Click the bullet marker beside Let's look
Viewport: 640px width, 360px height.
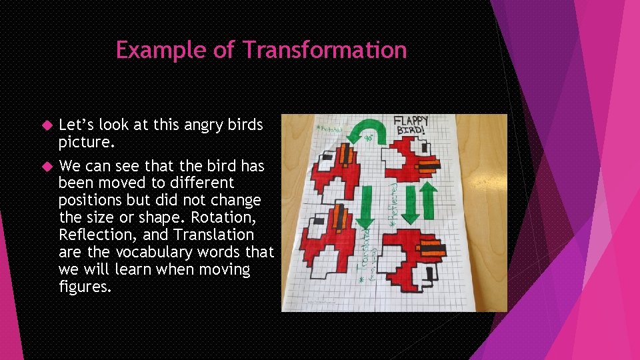(x=47, y=125)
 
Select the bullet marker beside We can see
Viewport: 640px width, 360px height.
(x=47, y=165)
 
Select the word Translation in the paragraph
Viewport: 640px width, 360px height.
(x=214, y=235)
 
